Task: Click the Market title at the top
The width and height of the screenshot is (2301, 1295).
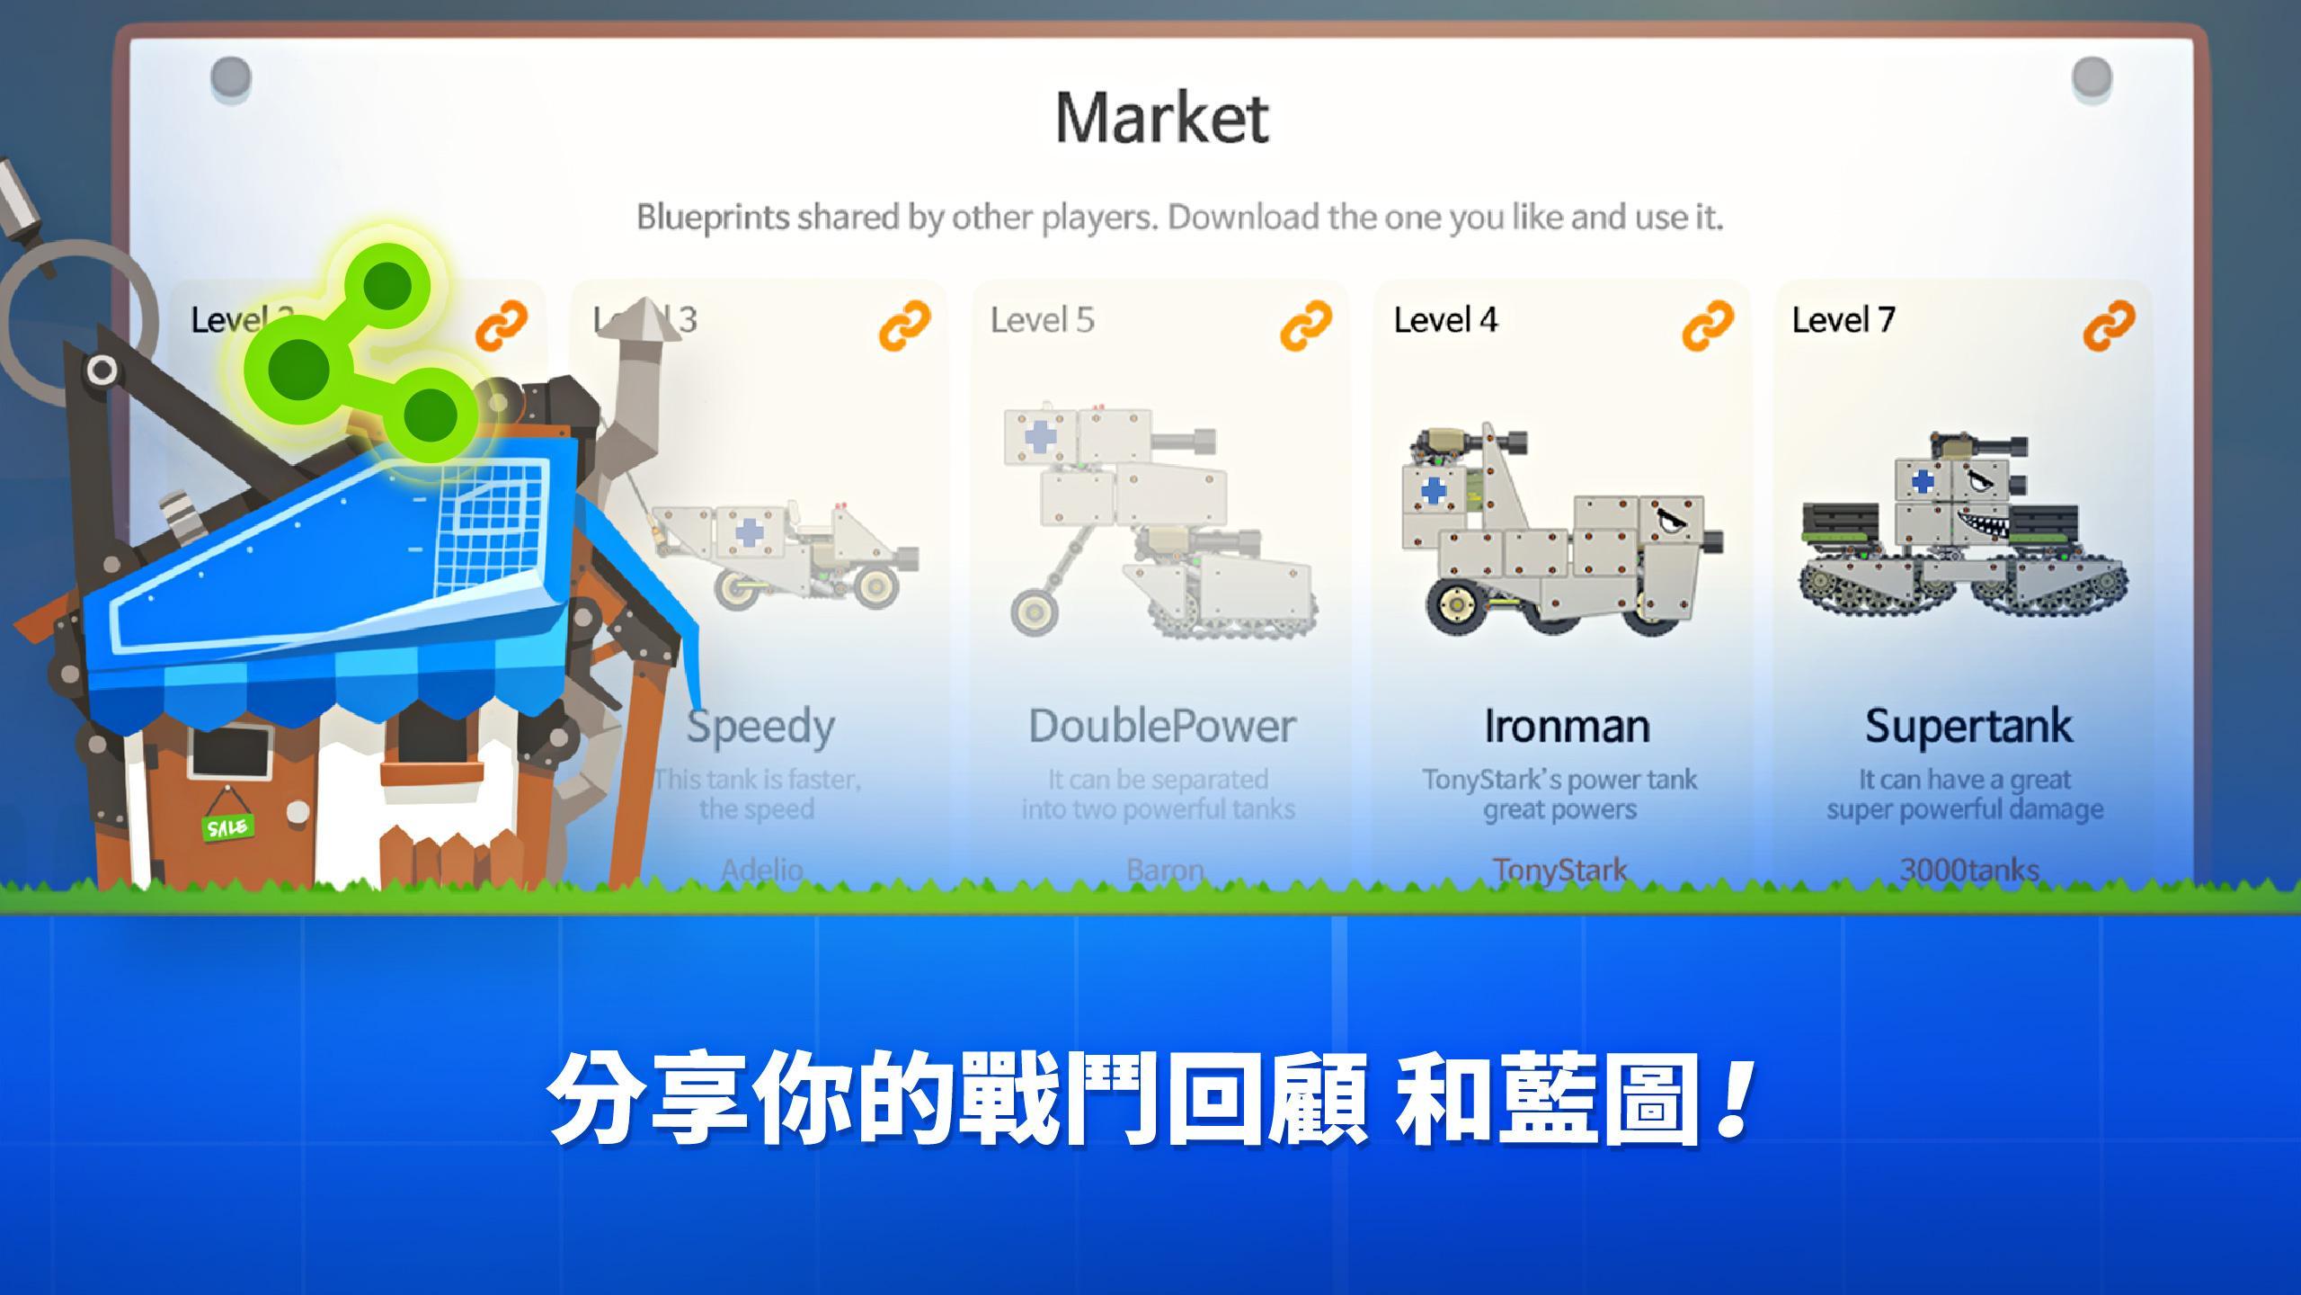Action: tap(1161, 119)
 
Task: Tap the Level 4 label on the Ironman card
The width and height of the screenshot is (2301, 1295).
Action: tap(1445, 320)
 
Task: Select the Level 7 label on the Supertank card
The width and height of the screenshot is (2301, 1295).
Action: tap(1843, 320)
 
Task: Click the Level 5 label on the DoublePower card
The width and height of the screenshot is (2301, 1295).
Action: tap(1043, 320)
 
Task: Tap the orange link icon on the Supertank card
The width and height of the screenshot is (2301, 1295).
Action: tap(2108, 325)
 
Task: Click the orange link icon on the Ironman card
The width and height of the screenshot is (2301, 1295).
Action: tap(1707, 325)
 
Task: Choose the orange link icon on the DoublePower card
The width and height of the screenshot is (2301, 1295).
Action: tap(1305, 325)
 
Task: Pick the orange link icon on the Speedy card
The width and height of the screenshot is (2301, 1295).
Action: tap(904, 325)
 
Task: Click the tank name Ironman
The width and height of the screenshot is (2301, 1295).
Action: tap(1566, 727)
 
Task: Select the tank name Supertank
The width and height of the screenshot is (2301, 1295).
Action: tap(1968, 727)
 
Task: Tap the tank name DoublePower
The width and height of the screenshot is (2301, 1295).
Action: tap(1161, 727)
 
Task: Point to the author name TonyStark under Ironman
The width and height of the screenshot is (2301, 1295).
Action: tap(1559, 870)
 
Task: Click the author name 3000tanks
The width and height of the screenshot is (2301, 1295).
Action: tap(1968, 870)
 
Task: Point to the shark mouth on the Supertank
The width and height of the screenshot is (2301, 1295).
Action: tap(1982, 522)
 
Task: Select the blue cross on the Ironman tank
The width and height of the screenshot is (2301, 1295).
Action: tap(1433, 491)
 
